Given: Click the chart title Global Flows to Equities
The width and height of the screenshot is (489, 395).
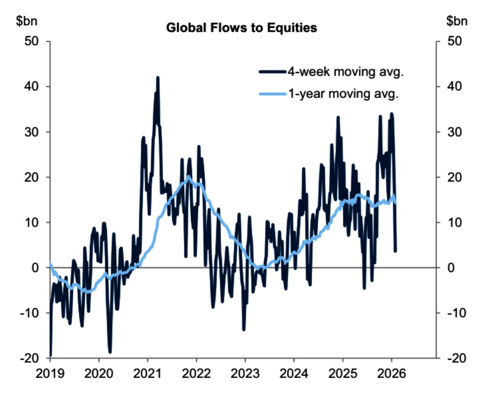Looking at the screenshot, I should pyautogui.click(x=241, y=28).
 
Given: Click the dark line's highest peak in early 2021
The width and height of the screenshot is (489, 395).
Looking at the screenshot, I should pyautogui.click(x=157, y=77).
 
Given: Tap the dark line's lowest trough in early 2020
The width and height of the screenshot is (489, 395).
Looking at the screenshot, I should pyautogui.click(x=110, y=352).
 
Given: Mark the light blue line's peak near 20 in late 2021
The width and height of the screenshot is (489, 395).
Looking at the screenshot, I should pyautogui.click(x=189, y=177).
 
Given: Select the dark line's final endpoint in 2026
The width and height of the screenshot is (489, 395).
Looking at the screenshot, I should pyautogui.click(x=395, y=251).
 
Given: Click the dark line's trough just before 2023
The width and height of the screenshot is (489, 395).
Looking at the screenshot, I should pyautogui.click(x=244, y=329).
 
